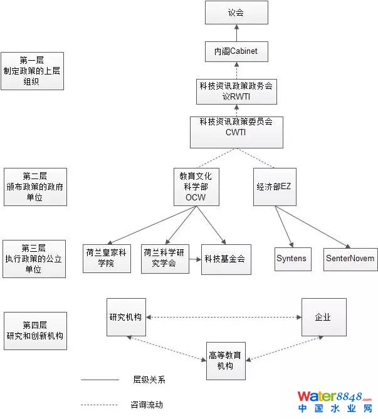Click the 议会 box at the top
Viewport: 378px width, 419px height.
point(236,13)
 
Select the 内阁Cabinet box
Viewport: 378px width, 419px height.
point(236,51)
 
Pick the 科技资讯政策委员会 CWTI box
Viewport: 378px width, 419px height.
point(236,132)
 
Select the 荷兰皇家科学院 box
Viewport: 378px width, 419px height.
point(107,258)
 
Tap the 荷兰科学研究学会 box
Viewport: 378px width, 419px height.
point(166,258)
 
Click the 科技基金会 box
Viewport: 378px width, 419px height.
point(226,258)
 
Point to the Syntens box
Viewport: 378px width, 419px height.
point(292,259)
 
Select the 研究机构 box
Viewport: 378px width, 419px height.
point(127,317)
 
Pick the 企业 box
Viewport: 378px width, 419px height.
point(323,318)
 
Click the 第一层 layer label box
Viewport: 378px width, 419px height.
point(33,71)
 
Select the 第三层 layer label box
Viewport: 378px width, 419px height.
point(33,259)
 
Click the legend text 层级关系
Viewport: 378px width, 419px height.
point(149,380)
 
